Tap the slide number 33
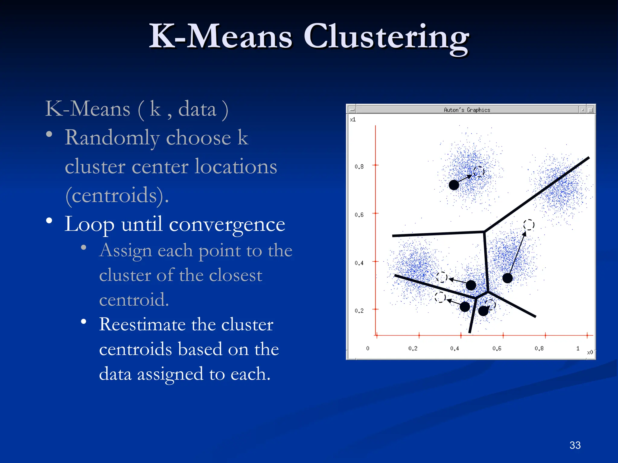coord(575,445)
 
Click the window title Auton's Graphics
coord(467,110)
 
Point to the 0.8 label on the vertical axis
coord(359,167)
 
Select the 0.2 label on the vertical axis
coord(359,311)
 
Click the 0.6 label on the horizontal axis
coord(497,348)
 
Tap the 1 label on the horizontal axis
coord(578,348)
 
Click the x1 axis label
coord(353,120)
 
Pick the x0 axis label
coord(590,352)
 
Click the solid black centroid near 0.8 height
coord(454,185)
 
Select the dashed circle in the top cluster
coord(479,172)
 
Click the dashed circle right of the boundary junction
coord(529,225)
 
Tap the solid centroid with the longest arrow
coord(508,278)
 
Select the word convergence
coord(227,225)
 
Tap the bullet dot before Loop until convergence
coord(49,221)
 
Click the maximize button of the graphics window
coord(591,110)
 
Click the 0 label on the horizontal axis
coord(368,348)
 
